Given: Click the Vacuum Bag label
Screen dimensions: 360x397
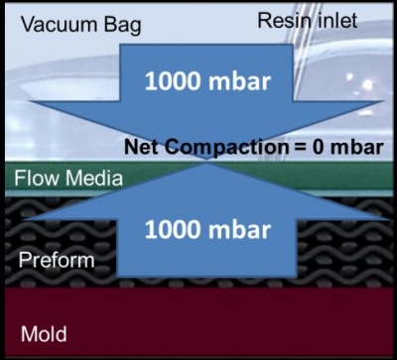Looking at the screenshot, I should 74,22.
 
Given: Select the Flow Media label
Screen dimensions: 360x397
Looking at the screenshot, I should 67,180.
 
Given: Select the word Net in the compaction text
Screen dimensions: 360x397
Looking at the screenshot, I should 142,148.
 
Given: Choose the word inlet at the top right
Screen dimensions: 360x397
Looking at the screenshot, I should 332,20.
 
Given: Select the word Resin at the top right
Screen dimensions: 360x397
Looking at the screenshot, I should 282,20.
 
